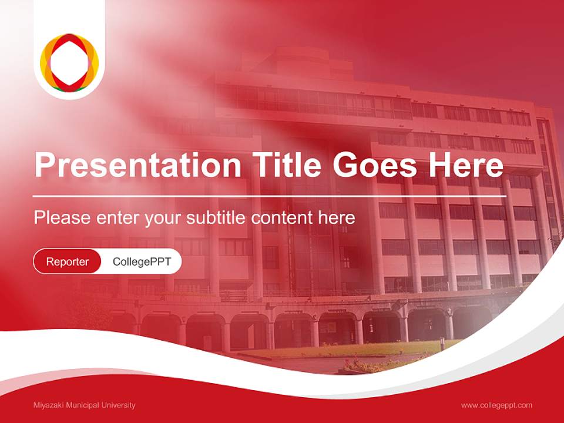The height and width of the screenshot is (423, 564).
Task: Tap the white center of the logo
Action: (x=69, y=62)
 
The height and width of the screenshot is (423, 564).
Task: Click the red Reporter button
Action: (x=68, y=261)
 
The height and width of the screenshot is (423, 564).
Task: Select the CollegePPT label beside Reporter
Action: (x=142, y=261)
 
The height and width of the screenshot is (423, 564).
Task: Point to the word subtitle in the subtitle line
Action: (x=217, y=218)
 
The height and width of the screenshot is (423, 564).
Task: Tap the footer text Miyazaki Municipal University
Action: (x=84, y=405)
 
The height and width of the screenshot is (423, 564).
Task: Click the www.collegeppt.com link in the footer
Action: (x=496, y=405)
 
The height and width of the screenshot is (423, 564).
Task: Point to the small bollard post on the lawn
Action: (x=441, y=343)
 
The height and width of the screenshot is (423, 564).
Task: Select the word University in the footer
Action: (x=119, y=405)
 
